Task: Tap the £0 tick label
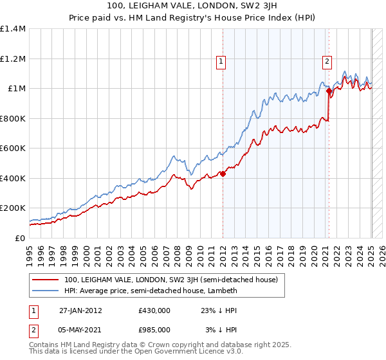(x=19, y=238)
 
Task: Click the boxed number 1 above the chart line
(x=221, y=62)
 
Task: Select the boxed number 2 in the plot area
(x=327, y=62)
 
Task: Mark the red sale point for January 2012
(x=223, y=174)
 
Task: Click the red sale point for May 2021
(x=329, y=91)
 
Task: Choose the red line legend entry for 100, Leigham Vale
(x=170, y=280)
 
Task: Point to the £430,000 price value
(x=154, y=310)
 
